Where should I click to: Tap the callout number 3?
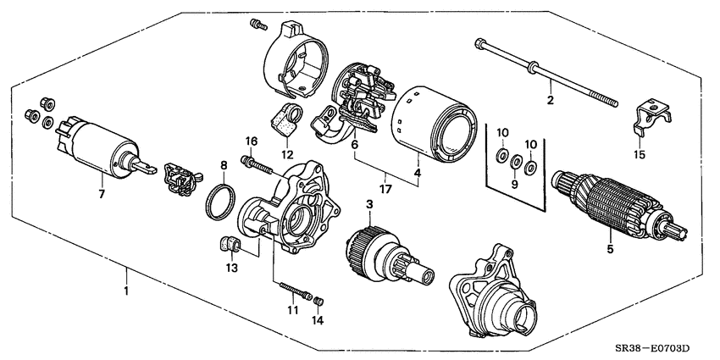(x=369, y=204)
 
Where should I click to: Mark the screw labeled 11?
(x=293, y=289)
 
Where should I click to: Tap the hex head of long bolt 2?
(x=480, y=43)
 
